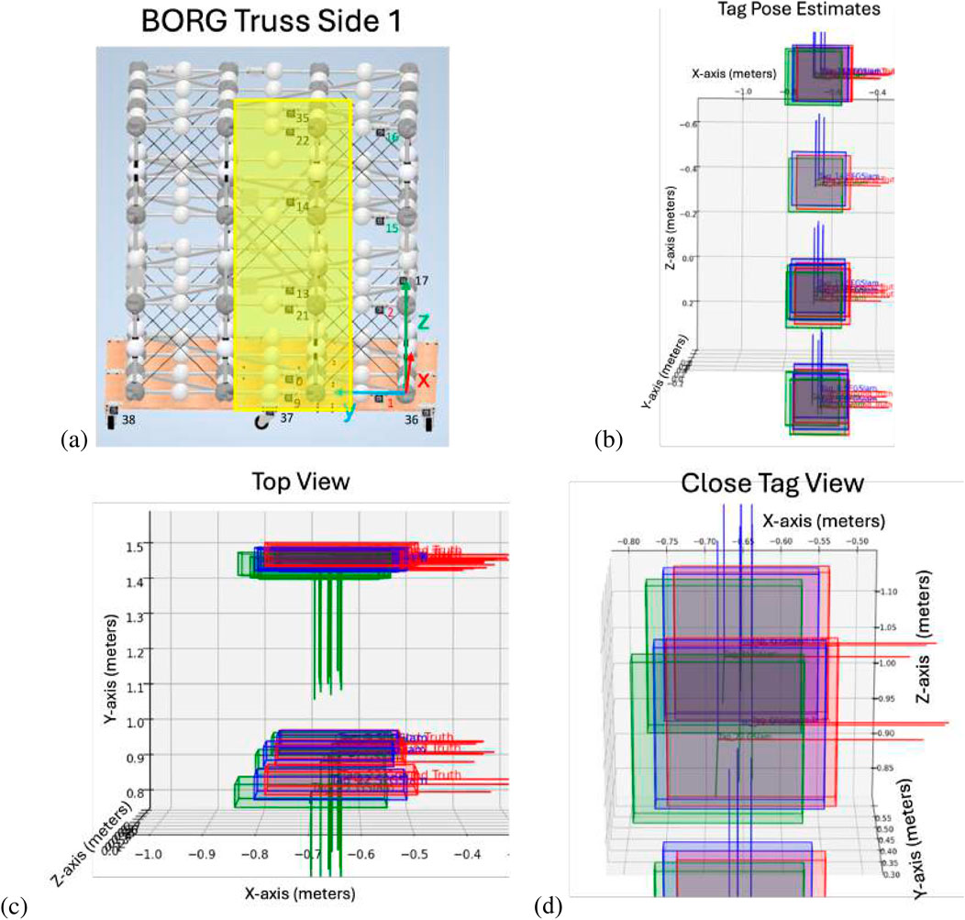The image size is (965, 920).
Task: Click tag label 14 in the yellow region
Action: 303,207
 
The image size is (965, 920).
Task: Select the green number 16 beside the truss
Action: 392,137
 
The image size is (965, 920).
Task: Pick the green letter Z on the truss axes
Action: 423,322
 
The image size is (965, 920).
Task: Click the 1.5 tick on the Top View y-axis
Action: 127,548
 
